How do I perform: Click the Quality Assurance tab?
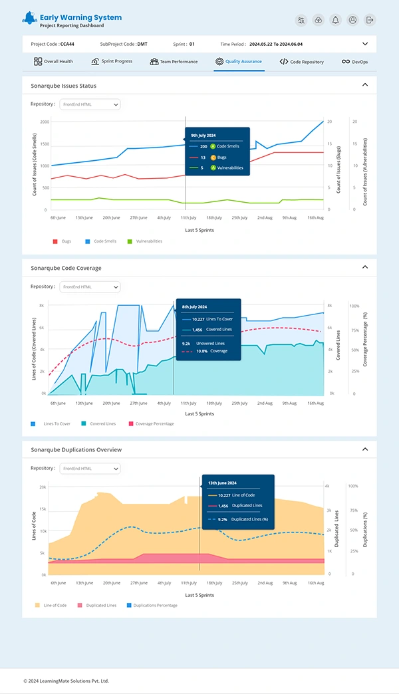click(239, 61)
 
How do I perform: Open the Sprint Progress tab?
click(112, 61)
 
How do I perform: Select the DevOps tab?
click(355, 62)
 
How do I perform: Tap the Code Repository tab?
click(302, 62)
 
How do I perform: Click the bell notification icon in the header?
click(336, 20)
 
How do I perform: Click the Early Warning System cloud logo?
click(29, 19)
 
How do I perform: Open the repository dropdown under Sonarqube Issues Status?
click(90, 104)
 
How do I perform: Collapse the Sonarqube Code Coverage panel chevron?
click(365, 267)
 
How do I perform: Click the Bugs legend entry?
click(62, 241)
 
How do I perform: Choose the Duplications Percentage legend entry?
click(151, 606)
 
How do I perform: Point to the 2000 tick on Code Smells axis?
click(45, 122)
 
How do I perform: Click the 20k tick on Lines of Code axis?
click(42, 487)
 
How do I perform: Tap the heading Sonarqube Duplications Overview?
click(76, 450)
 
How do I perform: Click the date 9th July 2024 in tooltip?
click(203, 135)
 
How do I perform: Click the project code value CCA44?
click(67, 44)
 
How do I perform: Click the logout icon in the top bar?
click(370, 20)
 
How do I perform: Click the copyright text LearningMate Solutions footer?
click(66, 681)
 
